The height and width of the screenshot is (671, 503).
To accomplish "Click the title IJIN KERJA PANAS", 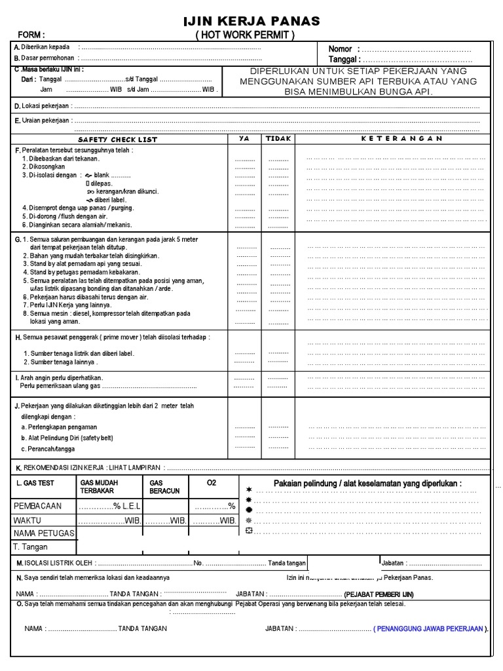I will (x=251, y=22).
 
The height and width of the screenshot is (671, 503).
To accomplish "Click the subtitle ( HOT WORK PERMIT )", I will (x=245, y=35).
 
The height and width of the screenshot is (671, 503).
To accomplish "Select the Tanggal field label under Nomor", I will (x=345, y=60).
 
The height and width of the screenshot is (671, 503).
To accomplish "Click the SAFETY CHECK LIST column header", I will (x=117, y=140).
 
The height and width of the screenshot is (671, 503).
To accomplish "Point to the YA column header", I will (x=244, y=139).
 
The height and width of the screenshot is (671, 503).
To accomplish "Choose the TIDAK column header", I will (x=278, y=139).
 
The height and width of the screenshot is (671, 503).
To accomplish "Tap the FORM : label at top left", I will (x=31, y=35).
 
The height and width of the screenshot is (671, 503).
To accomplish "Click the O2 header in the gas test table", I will (x=211, y=483).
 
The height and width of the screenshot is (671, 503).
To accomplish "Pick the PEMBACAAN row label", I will (x=38, y=507).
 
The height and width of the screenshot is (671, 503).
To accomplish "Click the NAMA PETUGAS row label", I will (x=43, y=533).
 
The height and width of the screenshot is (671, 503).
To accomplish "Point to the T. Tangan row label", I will (x=31, y=547).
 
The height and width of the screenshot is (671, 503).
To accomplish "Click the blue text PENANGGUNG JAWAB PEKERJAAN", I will (x=430, y=628).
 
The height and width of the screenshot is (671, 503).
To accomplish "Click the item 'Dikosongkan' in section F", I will (x=47, y=167).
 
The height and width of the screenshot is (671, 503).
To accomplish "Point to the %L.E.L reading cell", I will (x=110, y=507).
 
